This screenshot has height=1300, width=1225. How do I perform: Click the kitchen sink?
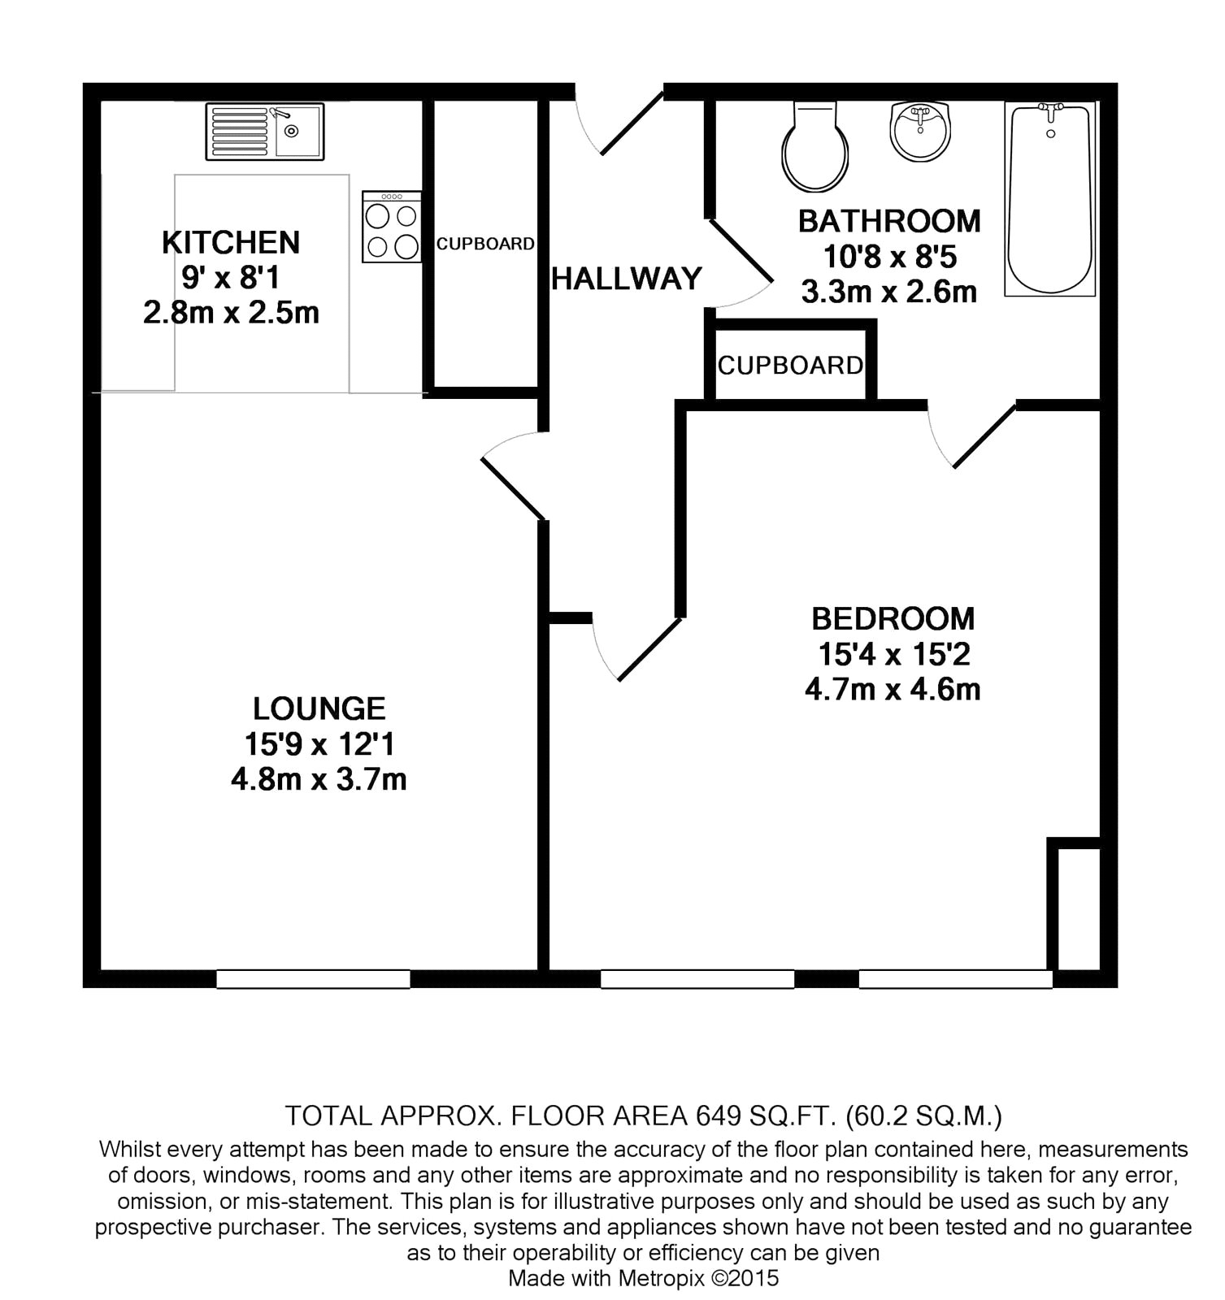point(265,132)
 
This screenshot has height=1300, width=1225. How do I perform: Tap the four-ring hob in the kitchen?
point(392,227)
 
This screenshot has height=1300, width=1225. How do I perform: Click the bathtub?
point(1050,198)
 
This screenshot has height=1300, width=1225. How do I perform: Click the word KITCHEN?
point(231,242)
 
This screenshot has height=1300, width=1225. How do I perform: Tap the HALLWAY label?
point(627,279)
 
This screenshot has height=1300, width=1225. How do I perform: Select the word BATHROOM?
point(889,221)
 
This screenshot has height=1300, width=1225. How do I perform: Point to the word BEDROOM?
point(893,619)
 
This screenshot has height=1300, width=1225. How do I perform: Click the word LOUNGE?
point(319,709)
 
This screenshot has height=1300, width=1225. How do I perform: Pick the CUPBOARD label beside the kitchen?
point(485,244)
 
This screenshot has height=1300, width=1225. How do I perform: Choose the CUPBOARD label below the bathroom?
point(790,366)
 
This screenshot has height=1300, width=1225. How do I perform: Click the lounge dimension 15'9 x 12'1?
point(319,744)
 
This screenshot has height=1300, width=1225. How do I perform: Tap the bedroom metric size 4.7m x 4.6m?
point(893,690)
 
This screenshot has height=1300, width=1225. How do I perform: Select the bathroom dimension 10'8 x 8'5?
point(890,257)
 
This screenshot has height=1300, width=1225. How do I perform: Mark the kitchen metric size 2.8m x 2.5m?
point(232,313)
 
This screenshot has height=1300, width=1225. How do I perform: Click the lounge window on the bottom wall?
point(313,979)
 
